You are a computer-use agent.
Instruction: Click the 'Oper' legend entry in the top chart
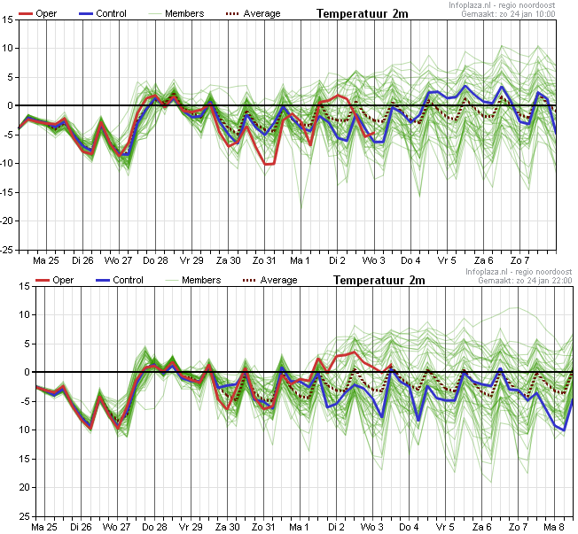37,13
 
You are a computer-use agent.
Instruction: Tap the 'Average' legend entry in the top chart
253,13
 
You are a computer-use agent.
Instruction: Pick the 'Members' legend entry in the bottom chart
192,280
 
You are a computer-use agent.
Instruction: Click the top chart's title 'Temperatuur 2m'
363,14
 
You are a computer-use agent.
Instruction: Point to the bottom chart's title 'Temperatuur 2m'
379,280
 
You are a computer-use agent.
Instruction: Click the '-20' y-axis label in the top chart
6,221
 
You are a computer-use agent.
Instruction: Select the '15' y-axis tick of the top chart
8,19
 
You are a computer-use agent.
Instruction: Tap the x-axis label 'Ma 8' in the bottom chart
554,527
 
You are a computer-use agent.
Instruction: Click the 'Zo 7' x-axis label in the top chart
519,260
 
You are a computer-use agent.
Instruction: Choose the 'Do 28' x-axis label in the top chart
155,260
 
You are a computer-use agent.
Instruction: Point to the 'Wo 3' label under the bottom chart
371,527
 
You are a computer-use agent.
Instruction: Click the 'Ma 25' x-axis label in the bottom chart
44,527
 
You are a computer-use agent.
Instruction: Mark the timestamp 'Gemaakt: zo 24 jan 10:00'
508,14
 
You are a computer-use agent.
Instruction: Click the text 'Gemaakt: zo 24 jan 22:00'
525,281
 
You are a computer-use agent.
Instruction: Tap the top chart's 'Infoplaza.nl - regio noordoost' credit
502,5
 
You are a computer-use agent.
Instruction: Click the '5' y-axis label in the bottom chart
27,344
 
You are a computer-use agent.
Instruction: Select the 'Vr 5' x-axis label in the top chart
447,260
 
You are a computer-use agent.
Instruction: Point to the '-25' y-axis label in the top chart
6,250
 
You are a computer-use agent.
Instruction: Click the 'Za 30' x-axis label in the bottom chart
228,527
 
